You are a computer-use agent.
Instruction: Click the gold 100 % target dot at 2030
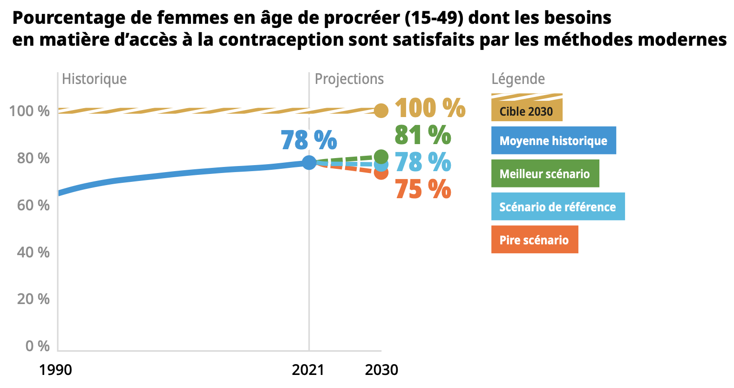[x=381, y=111]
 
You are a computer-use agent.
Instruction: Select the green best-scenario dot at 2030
[x=381, y=157]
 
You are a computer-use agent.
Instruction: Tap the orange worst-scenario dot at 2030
[x=381, y=173]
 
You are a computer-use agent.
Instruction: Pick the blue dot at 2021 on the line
[x=309, y=162]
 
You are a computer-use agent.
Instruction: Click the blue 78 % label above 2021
[x=309, y=140]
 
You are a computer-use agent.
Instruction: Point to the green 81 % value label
[x=422, y=135]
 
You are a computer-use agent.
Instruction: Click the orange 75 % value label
[x=422, y=189]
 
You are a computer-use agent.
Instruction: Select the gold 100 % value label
[x=429, y=108]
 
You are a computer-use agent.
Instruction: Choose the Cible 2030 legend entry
[x=526, y=111]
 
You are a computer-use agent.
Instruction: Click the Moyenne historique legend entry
[x=553, y=140]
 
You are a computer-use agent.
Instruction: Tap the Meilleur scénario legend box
[x=545, y=173]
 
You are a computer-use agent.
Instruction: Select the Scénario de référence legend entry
[x=557, y=207]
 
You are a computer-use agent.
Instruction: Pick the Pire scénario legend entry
[x=534, y=240]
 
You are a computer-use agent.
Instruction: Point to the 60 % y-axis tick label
[x=33, y=205]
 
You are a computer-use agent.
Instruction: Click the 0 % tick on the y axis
[x=37, y=346]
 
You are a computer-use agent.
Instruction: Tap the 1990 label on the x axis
[x=55, y=370]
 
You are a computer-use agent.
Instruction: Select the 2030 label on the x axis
[x=381, y=370]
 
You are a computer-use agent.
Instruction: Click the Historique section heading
[x=94, y=79]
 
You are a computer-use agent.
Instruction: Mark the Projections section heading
[x=349, y=79]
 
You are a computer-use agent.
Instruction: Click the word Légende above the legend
[x=518, y=79]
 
